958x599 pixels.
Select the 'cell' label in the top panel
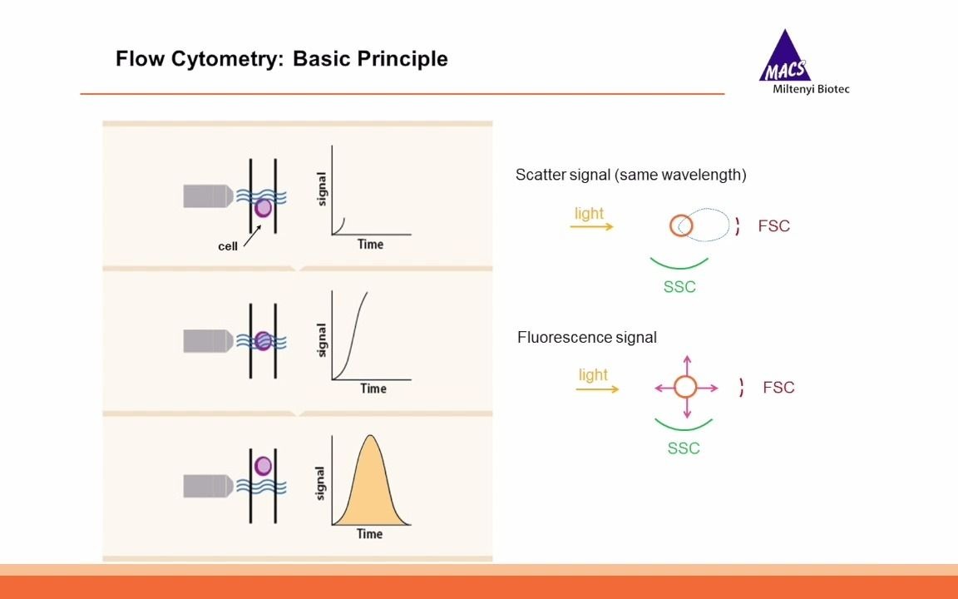coord(228,246)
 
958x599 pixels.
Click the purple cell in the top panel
coord(264,208)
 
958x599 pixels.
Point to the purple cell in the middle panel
coord(264,340)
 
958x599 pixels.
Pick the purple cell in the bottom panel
coord(264,466)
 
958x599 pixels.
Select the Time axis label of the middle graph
coord(373,389)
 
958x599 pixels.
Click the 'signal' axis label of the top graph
coord(322,189)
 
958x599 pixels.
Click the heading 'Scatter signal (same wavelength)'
coord(630,175)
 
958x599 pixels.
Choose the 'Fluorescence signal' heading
coord(586,337)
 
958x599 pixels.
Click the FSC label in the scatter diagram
coord(773,226)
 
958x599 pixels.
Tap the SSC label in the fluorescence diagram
coord(684,448)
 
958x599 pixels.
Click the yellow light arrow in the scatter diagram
coord(591,226)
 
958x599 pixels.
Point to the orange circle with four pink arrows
coord(685,387)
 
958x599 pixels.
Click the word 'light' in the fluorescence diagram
coord(593,374)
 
